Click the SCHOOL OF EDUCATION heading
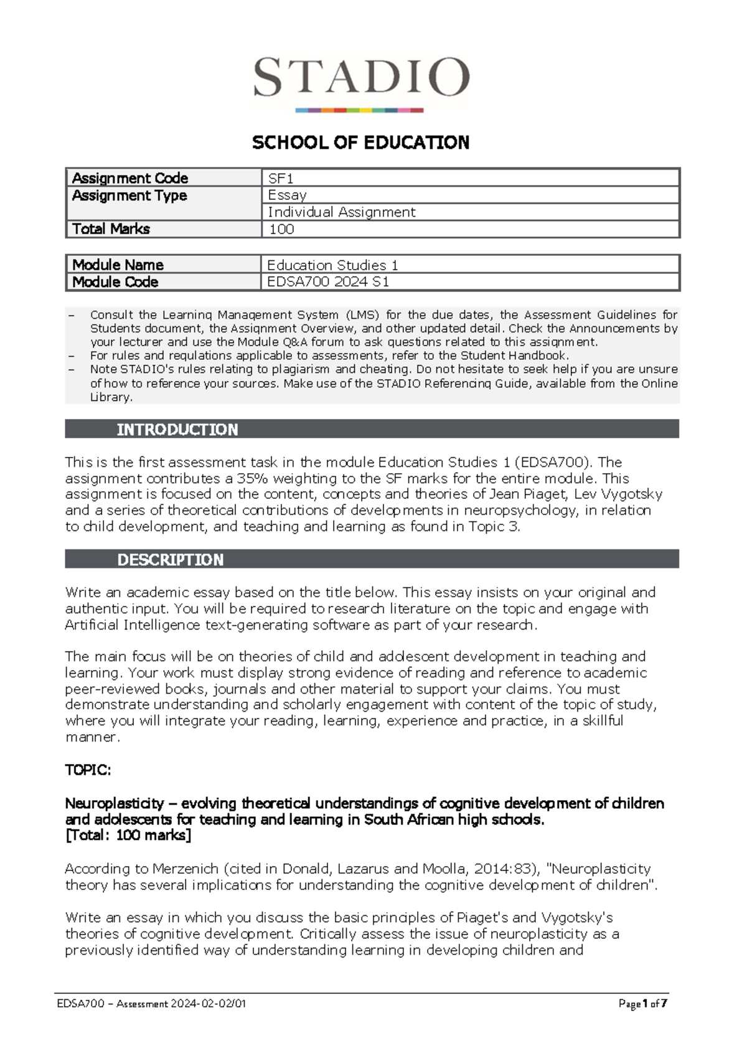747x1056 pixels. (x=360, y=143)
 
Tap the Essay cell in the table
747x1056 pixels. (x=287, y=195)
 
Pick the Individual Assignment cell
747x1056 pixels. (x=341, y=212)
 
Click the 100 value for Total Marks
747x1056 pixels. (x=281, y=229)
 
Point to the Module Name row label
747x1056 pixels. (x=118, y=265)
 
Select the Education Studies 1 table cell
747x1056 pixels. (x=332, y=265)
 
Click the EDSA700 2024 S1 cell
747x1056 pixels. (x=328, y=281)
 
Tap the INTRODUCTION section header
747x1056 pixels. (x=177, y=429)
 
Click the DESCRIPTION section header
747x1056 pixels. (x=170, y=559)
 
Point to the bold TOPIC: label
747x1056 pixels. (x=88, y=770)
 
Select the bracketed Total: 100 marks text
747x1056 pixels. (x=128, y=835)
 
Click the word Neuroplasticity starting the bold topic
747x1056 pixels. (x=115, y=803)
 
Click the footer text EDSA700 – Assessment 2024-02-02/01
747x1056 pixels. (x=151, y=1003)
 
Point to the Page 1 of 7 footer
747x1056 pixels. (x=642, y=1003)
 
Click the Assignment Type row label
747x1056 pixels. (x=129, y=196)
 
